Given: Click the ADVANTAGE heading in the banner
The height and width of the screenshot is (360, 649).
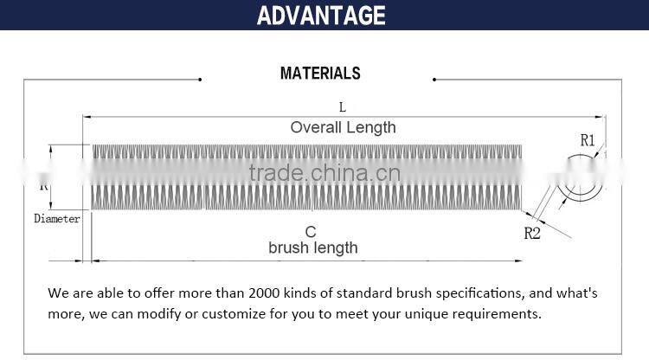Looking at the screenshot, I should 321,15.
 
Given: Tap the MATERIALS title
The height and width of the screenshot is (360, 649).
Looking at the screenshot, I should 320,74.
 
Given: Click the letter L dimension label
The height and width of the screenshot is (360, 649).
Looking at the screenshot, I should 343,107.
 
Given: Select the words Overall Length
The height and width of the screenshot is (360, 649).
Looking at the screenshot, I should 343,127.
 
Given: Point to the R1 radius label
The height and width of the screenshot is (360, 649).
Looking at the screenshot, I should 588,139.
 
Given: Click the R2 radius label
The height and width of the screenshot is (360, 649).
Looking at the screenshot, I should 532,233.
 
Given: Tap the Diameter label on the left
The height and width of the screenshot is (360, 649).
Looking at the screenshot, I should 57,219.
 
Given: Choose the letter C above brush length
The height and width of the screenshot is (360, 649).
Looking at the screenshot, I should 311,232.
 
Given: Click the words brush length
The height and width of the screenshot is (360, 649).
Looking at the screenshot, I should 312,247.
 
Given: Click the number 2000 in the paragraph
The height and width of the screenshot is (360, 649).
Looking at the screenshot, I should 267,292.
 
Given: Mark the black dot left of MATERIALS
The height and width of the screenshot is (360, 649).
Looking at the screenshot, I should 200,80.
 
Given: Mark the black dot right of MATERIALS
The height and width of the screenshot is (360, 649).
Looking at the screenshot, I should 434,80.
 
